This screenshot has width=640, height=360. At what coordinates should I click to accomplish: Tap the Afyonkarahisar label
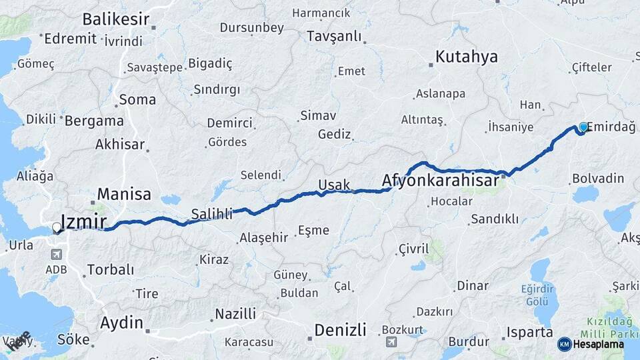(x=440, y=181)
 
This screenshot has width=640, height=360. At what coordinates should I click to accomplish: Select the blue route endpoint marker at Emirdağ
(x=583, y=127)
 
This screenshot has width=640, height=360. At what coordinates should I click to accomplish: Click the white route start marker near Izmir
(x=56, y=228)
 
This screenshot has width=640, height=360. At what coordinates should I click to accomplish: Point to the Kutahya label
(x=467, y=57)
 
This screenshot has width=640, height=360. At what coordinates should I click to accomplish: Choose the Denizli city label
(x=340, y=330)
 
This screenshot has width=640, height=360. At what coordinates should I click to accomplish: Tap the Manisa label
(x=124, y=195)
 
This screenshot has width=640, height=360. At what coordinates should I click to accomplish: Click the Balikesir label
(x=116, y=19)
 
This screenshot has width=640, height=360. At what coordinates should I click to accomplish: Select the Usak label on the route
(x=334, y=185)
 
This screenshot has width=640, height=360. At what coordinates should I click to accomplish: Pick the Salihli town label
(x=212, y=214)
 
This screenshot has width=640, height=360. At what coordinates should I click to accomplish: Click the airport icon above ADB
(x=56, y=254)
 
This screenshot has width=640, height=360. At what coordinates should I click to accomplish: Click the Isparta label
(x=529, y=332)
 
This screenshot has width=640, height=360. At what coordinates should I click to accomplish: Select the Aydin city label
(x=121, y=323)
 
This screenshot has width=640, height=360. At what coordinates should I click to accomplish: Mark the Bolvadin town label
(x=598, y=178)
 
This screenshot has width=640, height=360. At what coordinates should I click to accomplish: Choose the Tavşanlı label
(x=334, y=36)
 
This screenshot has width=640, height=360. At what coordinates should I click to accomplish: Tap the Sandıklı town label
(x=494, y=219)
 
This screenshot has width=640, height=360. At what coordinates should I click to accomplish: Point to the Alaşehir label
(x=263, y=237)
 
